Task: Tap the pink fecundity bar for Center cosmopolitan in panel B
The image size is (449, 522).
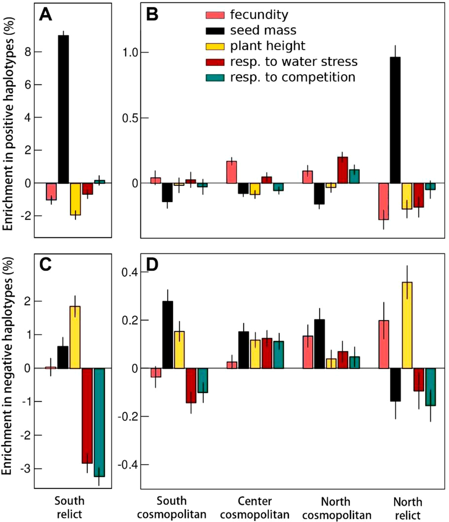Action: click(231, 172)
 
